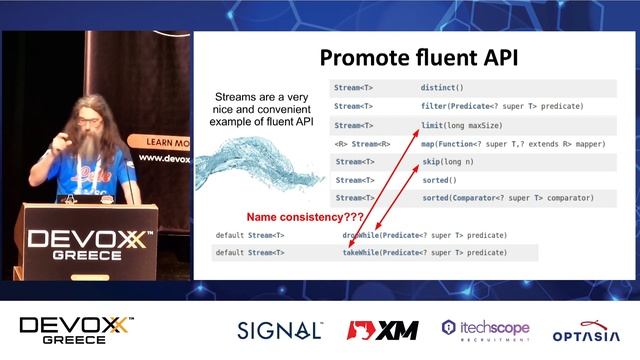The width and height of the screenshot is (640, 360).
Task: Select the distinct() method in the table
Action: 444,88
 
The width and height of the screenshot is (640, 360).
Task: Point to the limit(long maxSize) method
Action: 457,125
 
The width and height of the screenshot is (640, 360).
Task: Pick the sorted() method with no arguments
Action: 438,181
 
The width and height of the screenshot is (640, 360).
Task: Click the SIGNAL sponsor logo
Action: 279,330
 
